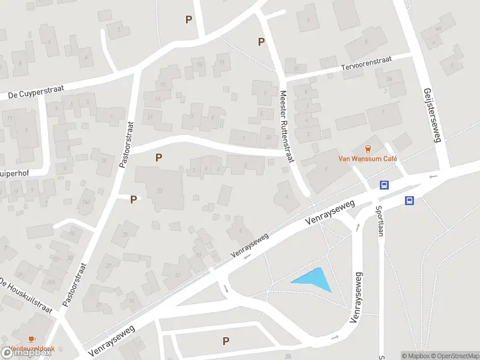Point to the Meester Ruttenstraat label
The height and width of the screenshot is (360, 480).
(287, 127)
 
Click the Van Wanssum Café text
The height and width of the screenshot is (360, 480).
(369, 159)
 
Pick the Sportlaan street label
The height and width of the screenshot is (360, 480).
(379, 221)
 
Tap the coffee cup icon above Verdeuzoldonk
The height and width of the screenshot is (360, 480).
(31, 340)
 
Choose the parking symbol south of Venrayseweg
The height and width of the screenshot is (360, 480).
(226, 341)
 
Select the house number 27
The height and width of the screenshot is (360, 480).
(109, 263)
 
